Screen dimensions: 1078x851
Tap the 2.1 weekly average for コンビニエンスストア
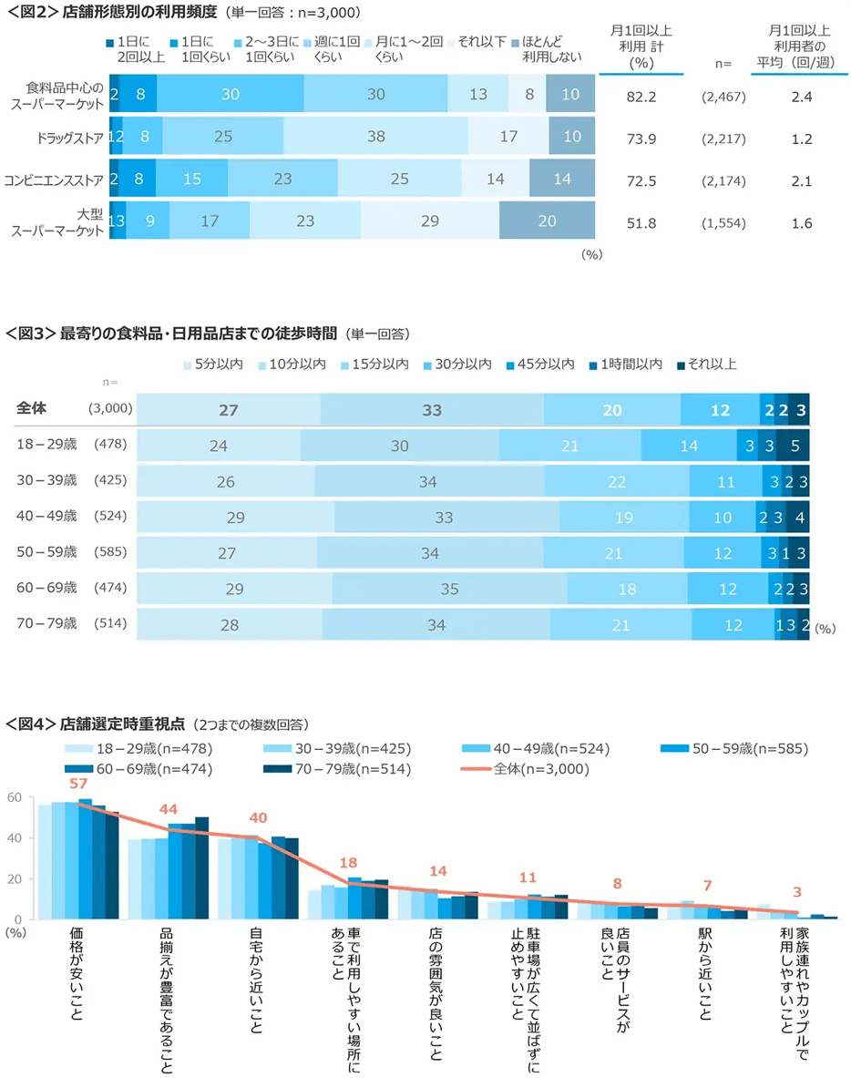point(802,180)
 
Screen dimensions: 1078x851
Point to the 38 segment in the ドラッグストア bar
point(375,137)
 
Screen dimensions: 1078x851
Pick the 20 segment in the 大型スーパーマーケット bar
point(547,221)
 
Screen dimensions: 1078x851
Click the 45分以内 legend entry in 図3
point(544,364)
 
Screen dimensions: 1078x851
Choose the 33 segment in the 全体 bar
point(432,411)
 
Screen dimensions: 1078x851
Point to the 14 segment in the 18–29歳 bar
point(689,446)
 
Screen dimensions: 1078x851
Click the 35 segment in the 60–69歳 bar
point(449,590)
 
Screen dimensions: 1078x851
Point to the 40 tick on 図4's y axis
point(15,839)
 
